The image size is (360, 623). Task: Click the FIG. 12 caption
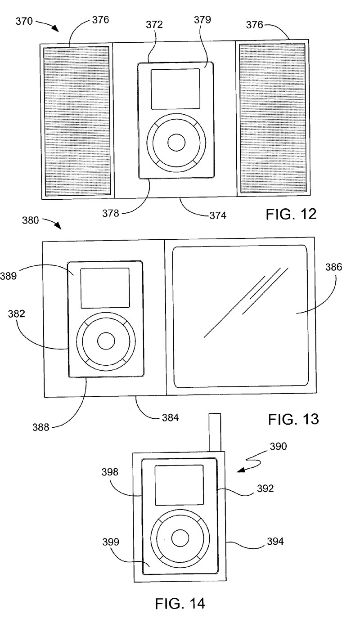(291, 214)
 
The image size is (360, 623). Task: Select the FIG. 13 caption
(293, 419)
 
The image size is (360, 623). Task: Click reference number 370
(24, 21)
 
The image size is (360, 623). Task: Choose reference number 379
(202, 20)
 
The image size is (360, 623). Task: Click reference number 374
(217, 215)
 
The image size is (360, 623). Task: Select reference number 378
(110, 213)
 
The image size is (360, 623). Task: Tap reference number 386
(333, 267)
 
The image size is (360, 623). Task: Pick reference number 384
(170, 417)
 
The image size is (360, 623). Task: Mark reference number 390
(278, 446)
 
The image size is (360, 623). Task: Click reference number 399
(111, 542)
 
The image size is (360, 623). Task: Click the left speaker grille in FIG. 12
(77, 121)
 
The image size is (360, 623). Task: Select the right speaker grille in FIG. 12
(273, 118)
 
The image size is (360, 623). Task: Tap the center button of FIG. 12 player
(176, 143)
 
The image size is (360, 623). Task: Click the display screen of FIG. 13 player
(105, 288)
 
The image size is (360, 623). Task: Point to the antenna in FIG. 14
(215, 434)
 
